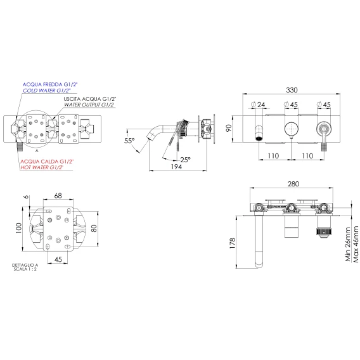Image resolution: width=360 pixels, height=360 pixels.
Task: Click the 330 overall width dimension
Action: tap(292, 90)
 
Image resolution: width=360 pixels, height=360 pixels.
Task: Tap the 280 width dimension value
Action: tap(293, 184)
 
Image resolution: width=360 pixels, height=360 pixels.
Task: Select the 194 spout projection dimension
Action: tap(176, 167)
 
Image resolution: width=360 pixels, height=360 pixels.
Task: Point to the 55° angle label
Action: tap(129, 141)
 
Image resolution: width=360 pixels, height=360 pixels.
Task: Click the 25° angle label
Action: tap(185, 160)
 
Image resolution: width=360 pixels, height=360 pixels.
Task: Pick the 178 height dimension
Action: tap(233, 243)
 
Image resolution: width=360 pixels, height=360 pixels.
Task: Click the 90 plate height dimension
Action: tap(229, 128)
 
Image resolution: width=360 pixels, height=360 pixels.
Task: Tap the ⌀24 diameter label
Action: tap(259, 105)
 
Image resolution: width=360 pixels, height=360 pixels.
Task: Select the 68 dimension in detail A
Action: tap(58, 196)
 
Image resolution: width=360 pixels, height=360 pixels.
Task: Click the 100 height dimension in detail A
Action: tap(19, 228)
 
